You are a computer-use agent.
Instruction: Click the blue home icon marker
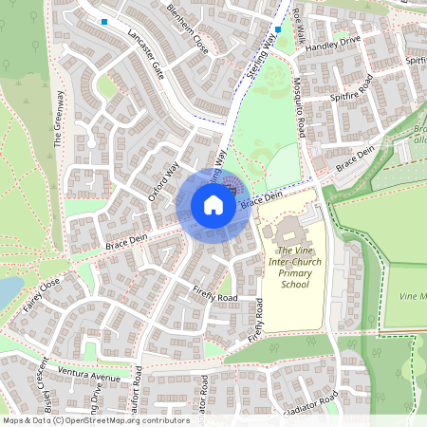point(213,204)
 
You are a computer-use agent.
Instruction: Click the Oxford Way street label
point(163,180)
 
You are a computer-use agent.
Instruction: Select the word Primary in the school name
point(295,273)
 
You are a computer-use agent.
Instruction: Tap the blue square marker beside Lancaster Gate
point(104,21)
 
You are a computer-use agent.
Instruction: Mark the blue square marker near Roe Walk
point(278,29)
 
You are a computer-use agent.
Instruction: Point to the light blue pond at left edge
point(7,291)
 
